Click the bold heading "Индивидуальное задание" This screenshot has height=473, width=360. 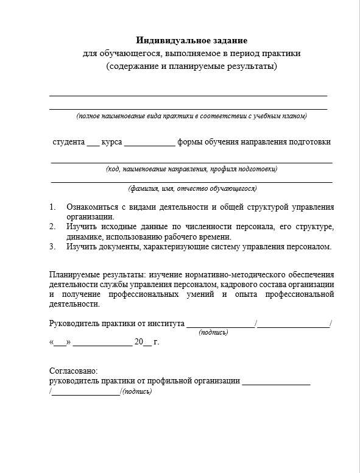191,41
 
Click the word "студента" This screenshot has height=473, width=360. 68,142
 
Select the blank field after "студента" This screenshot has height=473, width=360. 92,144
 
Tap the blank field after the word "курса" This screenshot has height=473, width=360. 149,144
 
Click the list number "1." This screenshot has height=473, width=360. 53,207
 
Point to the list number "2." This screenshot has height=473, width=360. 53,227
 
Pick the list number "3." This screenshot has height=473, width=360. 53,246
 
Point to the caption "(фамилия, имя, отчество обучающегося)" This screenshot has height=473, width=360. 192,188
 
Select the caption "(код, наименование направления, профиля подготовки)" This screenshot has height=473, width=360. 191,169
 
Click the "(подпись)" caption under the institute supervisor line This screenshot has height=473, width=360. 213,333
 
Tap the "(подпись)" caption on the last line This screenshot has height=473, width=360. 138,391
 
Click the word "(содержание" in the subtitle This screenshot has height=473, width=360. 129,66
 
